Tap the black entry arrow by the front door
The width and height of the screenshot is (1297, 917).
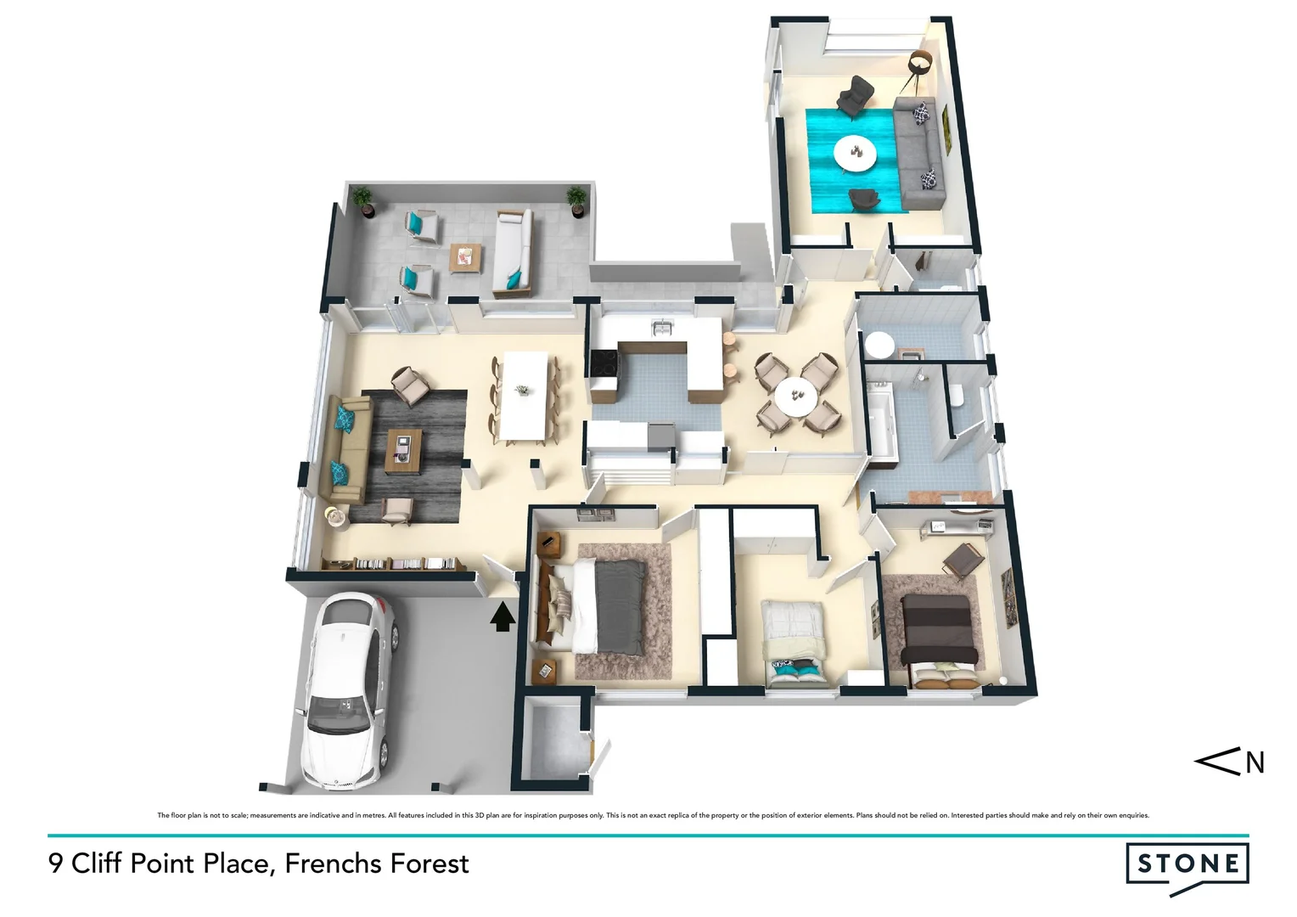(503, 616)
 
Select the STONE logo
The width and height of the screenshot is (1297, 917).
(1187, 865)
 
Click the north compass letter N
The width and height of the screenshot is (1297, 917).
(1255, 763)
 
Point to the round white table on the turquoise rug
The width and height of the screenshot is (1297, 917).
(857, 153)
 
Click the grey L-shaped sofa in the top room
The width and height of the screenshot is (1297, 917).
(918, 153)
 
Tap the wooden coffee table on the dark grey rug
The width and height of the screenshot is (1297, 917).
(403, 451)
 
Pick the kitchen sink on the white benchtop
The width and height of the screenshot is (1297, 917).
(660, 327)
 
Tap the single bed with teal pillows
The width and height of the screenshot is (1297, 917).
(793, 641)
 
